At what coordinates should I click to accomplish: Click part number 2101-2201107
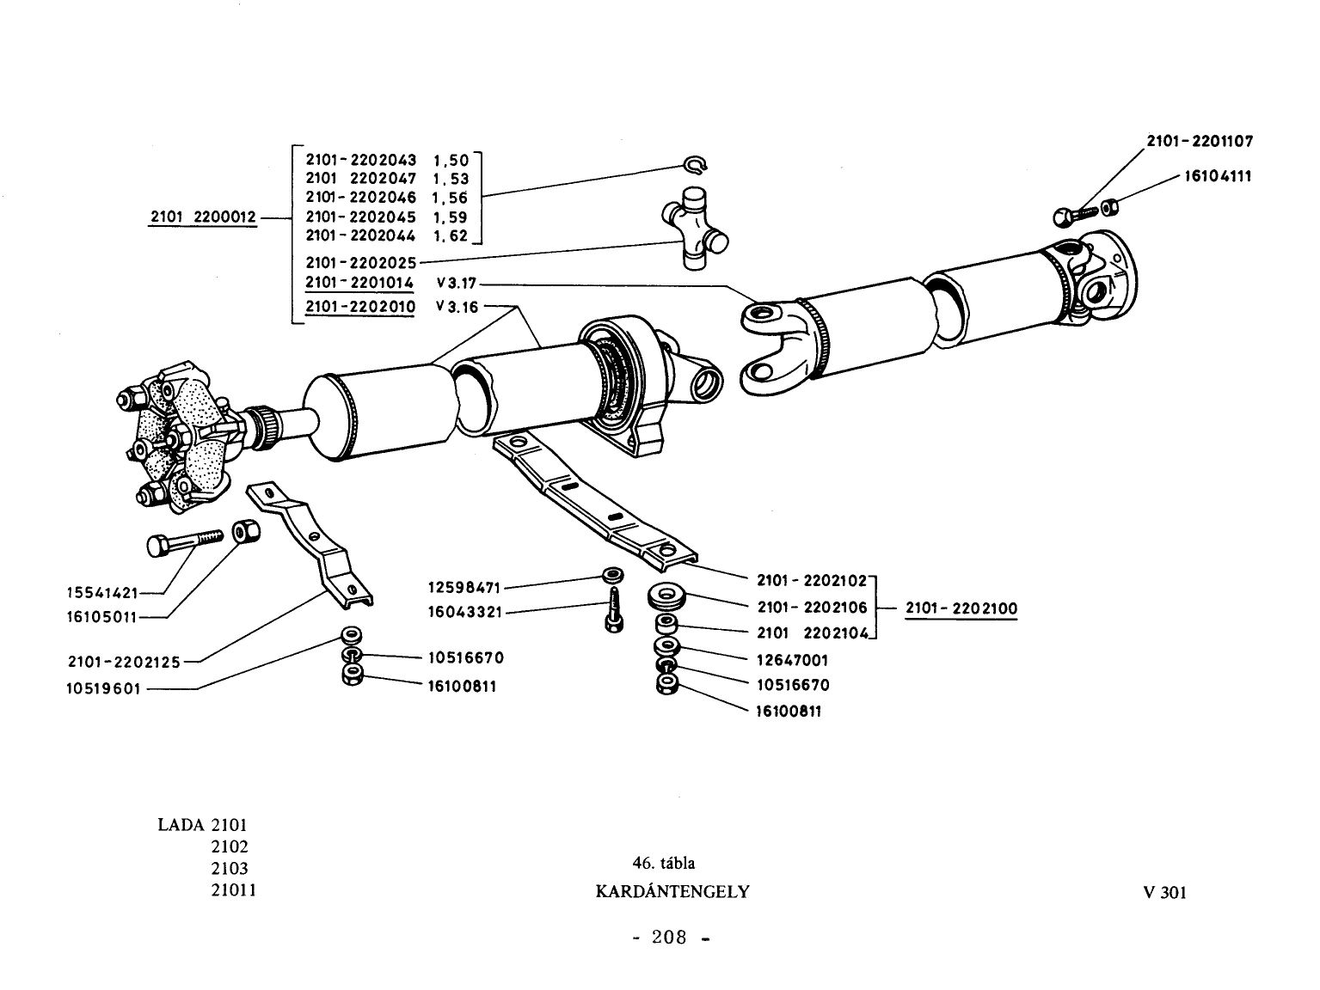point(1200,141)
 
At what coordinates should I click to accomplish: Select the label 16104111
point(1218,176)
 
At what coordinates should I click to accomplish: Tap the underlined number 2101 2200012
point(203,217)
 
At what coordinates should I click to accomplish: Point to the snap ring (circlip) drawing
point(697,165)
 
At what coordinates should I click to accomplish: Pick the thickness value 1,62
point(451,236)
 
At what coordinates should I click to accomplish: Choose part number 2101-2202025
point(361,262)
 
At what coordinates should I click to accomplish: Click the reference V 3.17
point(457,283)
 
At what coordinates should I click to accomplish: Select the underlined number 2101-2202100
point(961,608)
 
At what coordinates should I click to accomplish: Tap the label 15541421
point(102,593)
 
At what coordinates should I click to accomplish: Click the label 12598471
point(464,587)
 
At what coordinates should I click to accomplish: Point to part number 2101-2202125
point(124,662)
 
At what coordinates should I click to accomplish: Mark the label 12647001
point(792,660)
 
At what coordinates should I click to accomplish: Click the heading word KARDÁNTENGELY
point(672,891)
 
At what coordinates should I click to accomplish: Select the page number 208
point(669,937)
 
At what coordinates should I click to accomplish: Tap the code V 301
point(1165,893)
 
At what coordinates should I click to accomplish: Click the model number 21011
point(233,889)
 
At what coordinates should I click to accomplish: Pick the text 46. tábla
point(663,863)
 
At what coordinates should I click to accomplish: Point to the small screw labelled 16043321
point(614,610)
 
